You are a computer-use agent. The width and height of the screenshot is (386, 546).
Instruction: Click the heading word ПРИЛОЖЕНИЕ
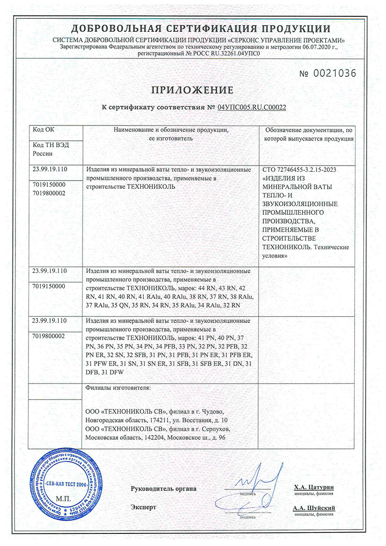[x=193, y=90]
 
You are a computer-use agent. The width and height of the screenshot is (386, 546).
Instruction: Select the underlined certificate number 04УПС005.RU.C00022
[x=252, y=107]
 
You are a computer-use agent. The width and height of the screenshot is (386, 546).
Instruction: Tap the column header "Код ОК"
[x=44, y=130]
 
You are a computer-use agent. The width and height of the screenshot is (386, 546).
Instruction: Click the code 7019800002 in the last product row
[x=49, y=335]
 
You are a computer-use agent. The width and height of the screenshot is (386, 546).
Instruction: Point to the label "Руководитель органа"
[x=164, y=489]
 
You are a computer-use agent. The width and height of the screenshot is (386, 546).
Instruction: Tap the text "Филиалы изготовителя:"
[x=118, y=388]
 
